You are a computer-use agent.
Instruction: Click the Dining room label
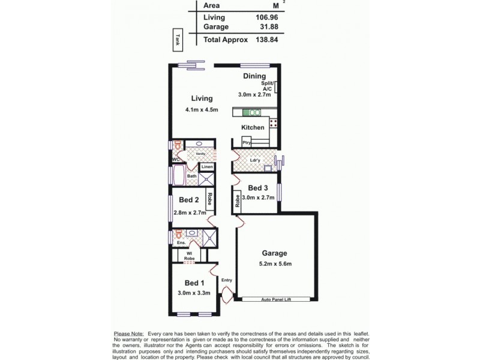(254, 76)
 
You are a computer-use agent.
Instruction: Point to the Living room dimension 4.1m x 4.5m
(201, 110)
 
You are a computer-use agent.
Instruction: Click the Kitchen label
(253, 128)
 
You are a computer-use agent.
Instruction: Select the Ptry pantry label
(246, 142)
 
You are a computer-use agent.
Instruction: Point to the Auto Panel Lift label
(275, 298)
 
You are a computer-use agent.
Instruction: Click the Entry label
(227, 280)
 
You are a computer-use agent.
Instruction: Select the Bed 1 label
(194, 283)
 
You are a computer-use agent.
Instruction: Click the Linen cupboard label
(207, 167)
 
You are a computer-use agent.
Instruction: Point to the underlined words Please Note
(128, 333)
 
